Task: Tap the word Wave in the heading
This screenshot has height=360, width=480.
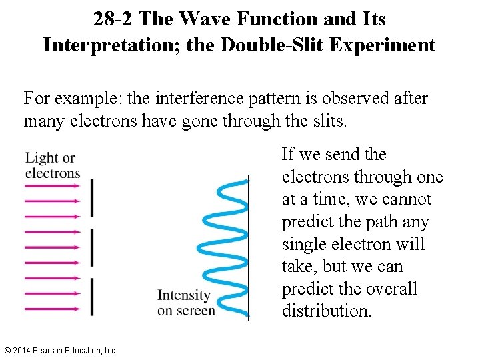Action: pyautogui.click(x=200, y=19)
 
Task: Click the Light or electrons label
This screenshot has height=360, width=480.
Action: pyautogui.click(x=52, y=165)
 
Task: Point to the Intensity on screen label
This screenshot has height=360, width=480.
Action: pyautogui.click(x=185, y=302)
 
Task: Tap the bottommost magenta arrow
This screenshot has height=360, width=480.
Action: pyautogui.click(x=52, y=309)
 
